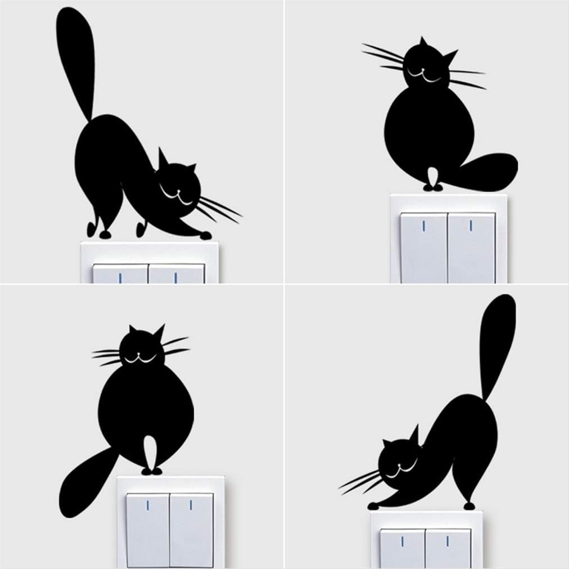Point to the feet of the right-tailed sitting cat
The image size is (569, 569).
432,184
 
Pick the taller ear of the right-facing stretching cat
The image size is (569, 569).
164,159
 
